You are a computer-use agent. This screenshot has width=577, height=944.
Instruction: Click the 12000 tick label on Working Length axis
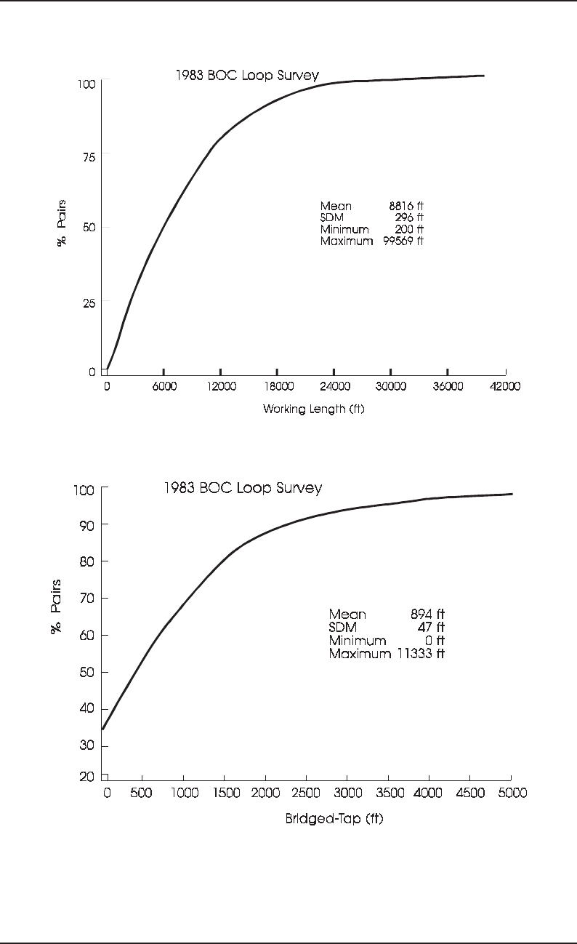pos(221,387)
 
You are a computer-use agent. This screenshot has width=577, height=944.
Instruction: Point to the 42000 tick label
pos(505,387)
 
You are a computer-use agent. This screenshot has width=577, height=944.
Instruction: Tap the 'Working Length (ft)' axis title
pos(314,409)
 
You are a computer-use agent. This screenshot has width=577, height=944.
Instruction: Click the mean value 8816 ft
pos(406,207)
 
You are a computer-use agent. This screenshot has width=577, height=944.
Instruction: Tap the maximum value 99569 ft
pos(403,241)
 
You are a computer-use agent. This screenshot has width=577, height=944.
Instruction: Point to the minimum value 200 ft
pos(410,230)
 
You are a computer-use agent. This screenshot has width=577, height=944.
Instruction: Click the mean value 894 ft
pos(427,615)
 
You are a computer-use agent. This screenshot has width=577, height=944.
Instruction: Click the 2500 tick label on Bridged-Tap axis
pos(303,793)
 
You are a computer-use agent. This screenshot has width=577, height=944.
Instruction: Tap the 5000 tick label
pos(512,793)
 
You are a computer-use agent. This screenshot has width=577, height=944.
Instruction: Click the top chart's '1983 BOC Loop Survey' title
pos(247,74)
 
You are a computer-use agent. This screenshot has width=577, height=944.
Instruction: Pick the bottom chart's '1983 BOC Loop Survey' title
pos(243,488)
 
